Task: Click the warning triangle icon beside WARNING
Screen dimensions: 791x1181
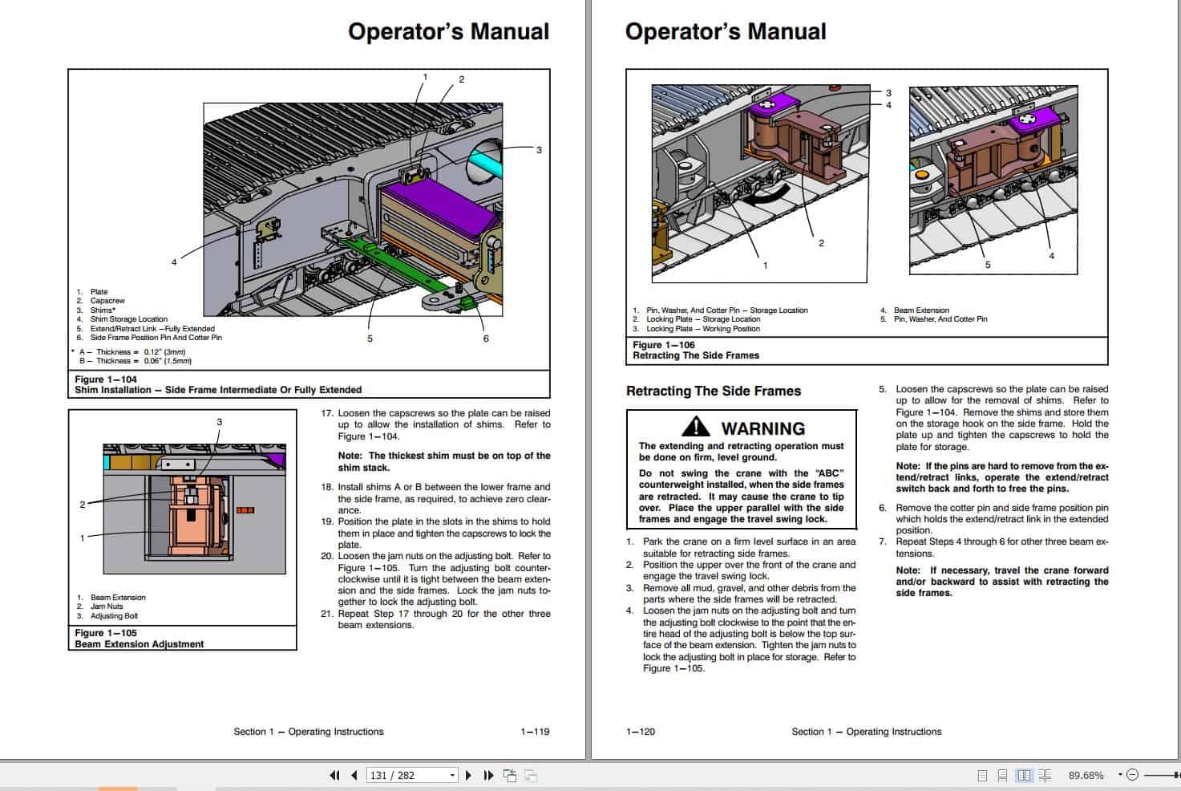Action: coord(696,427)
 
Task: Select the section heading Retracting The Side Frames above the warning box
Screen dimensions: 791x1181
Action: coord(713,391)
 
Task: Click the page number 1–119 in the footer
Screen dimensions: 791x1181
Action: coord(535,732)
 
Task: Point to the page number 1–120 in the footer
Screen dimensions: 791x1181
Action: coord(641,732)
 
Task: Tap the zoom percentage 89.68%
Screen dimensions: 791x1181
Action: coord(1086,775)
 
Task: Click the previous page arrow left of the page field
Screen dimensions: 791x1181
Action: coord(354,775)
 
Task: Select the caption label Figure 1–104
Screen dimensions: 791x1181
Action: coord(106,379)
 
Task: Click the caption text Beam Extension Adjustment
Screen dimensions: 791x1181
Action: coord(140,644)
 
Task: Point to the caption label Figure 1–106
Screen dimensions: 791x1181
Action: coord(664,345)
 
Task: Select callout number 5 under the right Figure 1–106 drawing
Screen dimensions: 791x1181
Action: coord(987,265)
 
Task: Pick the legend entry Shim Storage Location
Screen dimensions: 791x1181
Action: coord(128,319)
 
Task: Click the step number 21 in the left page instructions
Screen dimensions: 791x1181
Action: coord(326,614)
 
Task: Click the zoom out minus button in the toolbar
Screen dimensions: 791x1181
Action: coord(1132,775)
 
